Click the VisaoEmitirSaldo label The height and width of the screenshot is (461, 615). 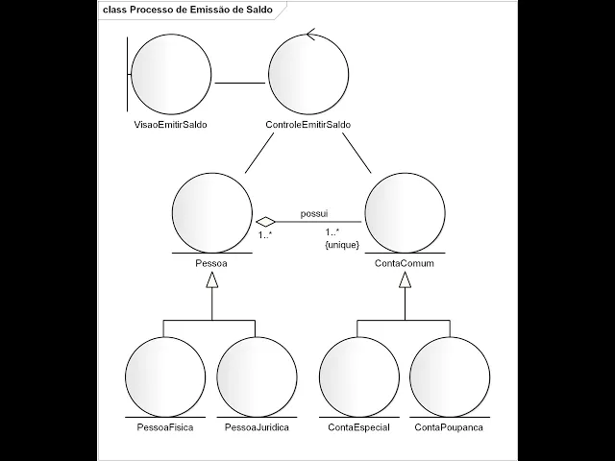pyautogui.click(x=171, y=126)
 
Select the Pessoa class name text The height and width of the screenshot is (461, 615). pyautogui.click(x=211, y=260)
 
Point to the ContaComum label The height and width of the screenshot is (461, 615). pyautogui.click(x=405, y=260)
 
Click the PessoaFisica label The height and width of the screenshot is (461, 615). pyautogui.click(x=165, y=425)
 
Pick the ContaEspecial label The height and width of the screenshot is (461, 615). pyautogui.click(x=358, y=425)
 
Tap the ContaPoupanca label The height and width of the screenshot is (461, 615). pyautogui.click(x=449, y=425)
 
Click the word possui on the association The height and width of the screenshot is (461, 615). pyautogui.click(x=314, y=211)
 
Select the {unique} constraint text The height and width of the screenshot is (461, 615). pyautogui.click(x=342, y=245)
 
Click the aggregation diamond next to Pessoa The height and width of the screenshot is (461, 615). pyautogui.click(x=265, y=221)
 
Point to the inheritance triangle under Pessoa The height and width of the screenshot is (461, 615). pyautogui.click(x=211, y=279)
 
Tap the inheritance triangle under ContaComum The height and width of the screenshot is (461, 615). pyautogui.click(x=405, y=279)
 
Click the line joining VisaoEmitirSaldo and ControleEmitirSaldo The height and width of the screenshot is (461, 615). pyautogui.click(x=239, y=83)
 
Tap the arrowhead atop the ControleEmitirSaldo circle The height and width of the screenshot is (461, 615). pyautogui.click(x=310, y=36)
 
